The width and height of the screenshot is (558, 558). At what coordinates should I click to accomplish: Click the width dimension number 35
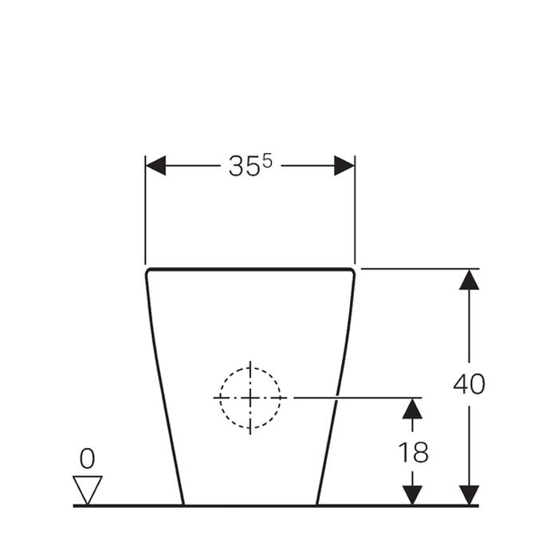point(244,166)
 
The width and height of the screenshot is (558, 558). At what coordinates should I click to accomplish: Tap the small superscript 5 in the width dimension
point(267,162)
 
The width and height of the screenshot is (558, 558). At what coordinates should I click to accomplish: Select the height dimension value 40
point(469,384)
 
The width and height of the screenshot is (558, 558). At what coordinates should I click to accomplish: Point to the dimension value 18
point(413,453)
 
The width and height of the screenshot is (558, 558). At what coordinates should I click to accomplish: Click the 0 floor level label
point(87,458)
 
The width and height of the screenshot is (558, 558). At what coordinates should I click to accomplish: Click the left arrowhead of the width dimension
point(156,166)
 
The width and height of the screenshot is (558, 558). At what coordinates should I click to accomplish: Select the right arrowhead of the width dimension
point(344,166)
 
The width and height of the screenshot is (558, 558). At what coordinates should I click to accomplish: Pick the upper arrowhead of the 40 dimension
point(469,280)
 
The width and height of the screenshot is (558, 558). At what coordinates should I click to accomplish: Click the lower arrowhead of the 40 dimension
point(469,495)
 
